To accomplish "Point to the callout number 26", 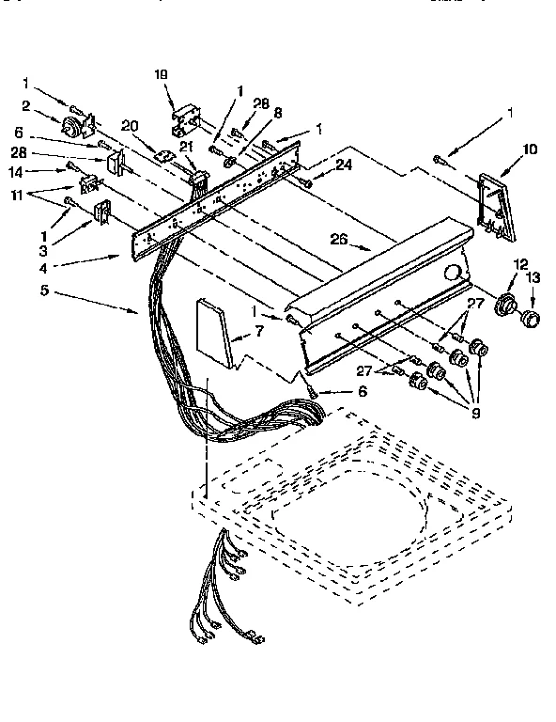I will pos(339,240).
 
